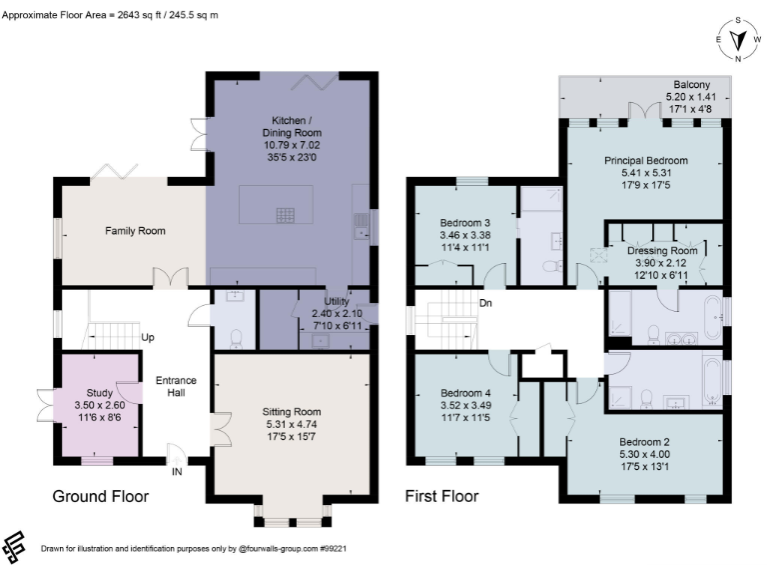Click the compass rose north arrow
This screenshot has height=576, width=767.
tap(739, 41)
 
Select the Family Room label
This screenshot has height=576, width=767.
tap(135, 231)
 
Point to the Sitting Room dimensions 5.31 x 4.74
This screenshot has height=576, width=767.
tap(292, 423)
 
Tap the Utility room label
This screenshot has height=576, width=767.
tap(336, 301)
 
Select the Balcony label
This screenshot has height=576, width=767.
tap(691, 85)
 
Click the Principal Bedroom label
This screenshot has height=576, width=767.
tap(645, 160)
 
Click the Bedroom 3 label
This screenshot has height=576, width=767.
tap(464, 222)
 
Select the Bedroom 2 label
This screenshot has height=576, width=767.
tap(644, 442)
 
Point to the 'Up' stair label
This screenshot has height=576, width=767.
tap(147, 337)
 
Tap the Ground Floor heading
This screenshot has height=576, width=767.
tap(100, 496)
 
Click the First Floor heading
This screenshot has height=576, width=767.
tap(441, 496)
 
